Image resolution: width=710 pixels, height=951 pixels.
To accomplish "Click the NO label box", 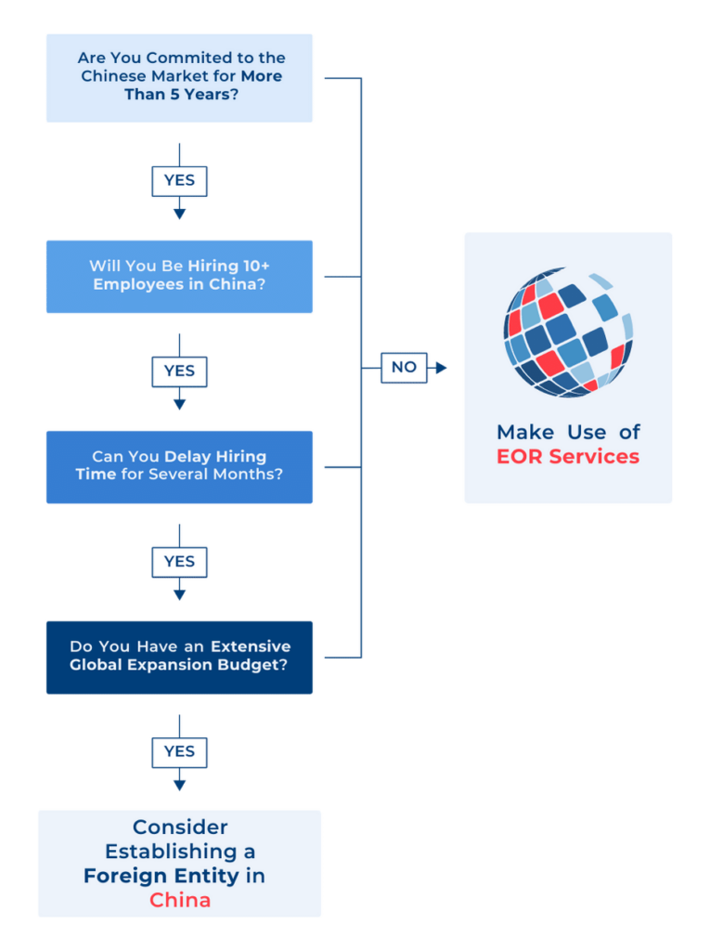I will coord(404,368).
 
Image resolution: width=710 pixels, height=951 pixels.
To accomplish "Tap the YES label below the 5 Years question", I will coord(179,181).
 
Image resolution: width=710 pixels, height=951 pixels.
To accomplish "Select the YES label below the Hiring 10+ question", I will coord(179,371).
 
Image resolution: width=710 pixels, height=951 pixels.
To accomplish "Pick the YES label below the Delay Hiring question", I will coord(179,562).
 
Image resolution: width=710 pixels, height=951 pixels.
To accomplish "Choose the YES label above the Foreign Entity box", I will coord(179,751).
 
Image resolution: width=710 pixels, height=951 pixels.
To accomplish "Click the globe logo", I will coord(568,332).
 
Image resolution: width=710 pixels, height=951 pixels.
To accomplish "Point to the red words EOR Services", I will coord(568,457).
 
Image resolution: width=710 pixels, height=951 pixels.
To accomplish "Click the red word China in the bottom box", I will coord(180,900).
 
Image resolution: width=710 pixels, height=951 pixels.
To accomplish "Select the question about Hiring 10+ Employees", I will coord(179,276).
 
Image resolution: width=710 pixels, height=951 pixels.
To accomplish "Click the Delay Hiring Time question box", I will coord(179,466).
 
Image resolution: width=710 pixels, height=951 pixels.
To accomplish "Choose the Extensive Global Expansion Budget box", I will coord(179,657).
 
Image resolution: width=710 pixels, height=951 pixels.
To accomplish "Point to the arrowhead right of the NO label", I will coord(441,368).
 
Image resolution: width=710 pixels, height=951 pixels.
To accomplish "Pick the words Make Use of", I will coord(568,432).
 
